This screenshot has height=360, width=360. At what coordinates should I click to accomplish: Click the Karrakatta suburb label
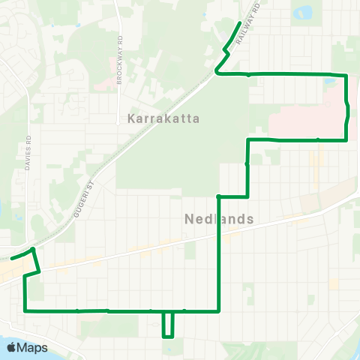162,118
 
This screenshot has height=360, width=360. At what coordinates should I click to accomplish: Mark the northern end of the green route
239,24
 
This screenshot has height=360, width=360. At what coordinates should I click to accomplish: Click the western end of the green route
10,258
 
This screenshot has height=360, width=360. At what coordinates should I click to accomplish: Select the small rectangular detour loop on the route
169,324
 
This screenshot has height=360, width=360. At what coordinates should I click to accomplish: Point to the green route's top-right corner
347,75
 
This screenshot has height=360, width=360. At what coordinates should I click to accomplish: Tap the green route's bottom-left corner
25,310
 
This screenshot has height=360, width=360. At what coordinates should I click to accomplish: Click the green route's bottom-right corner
218,310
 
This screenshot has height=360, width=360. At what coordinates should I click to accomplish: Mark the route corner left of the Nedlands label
218,196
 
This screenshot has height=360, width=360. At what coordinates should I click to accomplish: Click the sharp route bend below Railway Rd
217,72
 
